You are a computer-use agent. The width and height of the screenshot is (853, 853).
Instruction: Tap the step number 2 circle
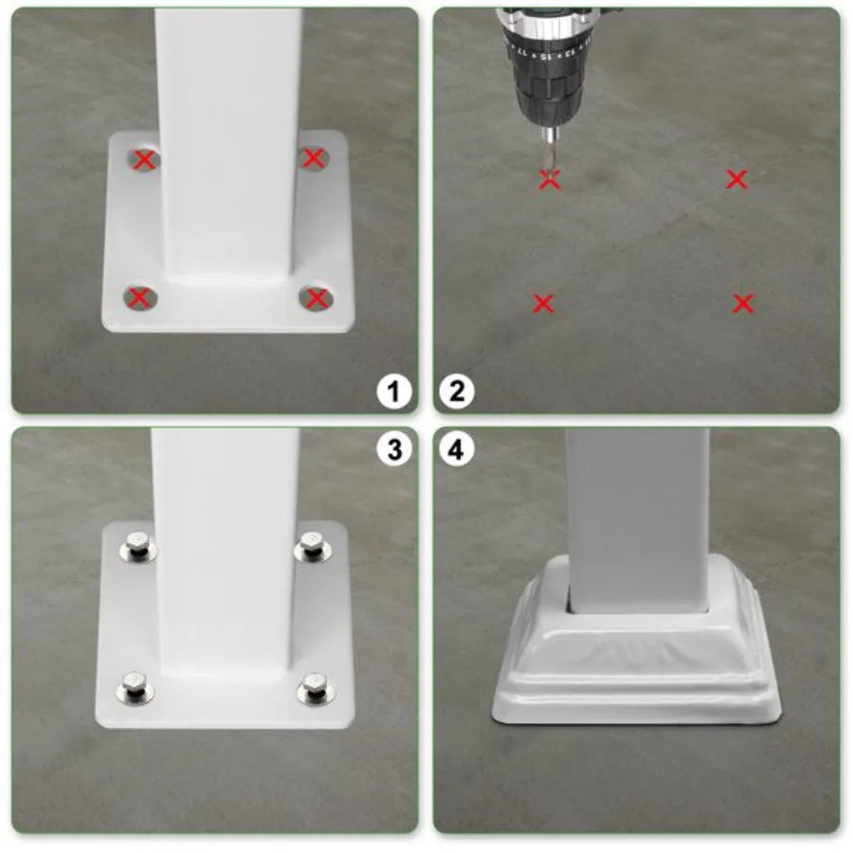point(457,390)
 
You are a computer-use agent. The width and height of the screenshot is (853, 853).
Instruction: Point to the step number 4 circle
point(457,449)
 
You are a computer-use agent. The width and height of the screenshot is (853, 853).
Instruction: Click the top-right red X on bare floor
point(736,178)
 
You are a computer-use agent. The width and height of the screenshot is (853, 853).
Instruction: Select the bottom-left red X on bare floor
point(543,303)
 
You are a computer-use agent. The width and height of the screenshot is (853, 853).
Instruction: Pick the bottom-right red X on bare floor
point(743,303)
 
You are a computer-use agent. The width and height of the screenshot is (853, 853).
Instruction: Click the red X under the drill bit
point(550,179)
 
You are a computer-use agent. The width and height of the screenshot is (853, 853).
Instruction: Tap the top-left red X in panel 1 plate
point(144,159)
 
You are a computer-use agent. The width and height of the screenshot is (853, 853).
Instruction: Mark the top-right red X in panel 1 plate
point(314,158)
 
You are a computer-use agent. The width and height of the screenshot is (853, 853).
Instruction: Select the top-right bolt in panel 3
point(310,544)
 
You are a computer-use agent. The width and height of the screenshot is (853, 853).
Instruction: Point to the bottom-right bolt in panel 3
point(314,686)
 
